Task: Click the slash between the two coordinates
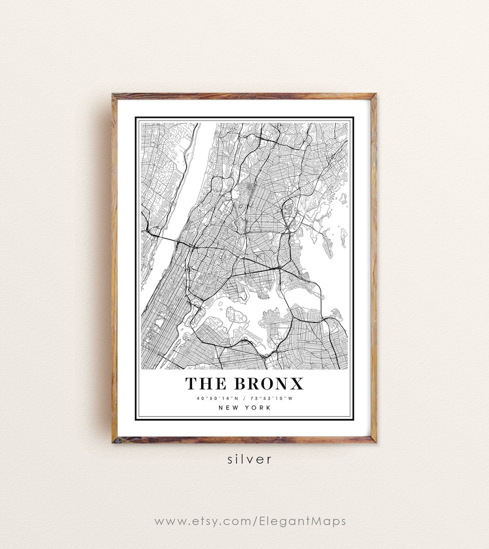[x=244, y=398]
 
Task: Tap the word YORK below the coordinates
[x=258, y=408]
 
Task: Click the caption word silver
[x=250, y=459]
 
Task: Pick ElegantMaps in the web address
[x=302, y=522]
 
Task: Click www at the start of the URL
[x=165, y=522]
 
